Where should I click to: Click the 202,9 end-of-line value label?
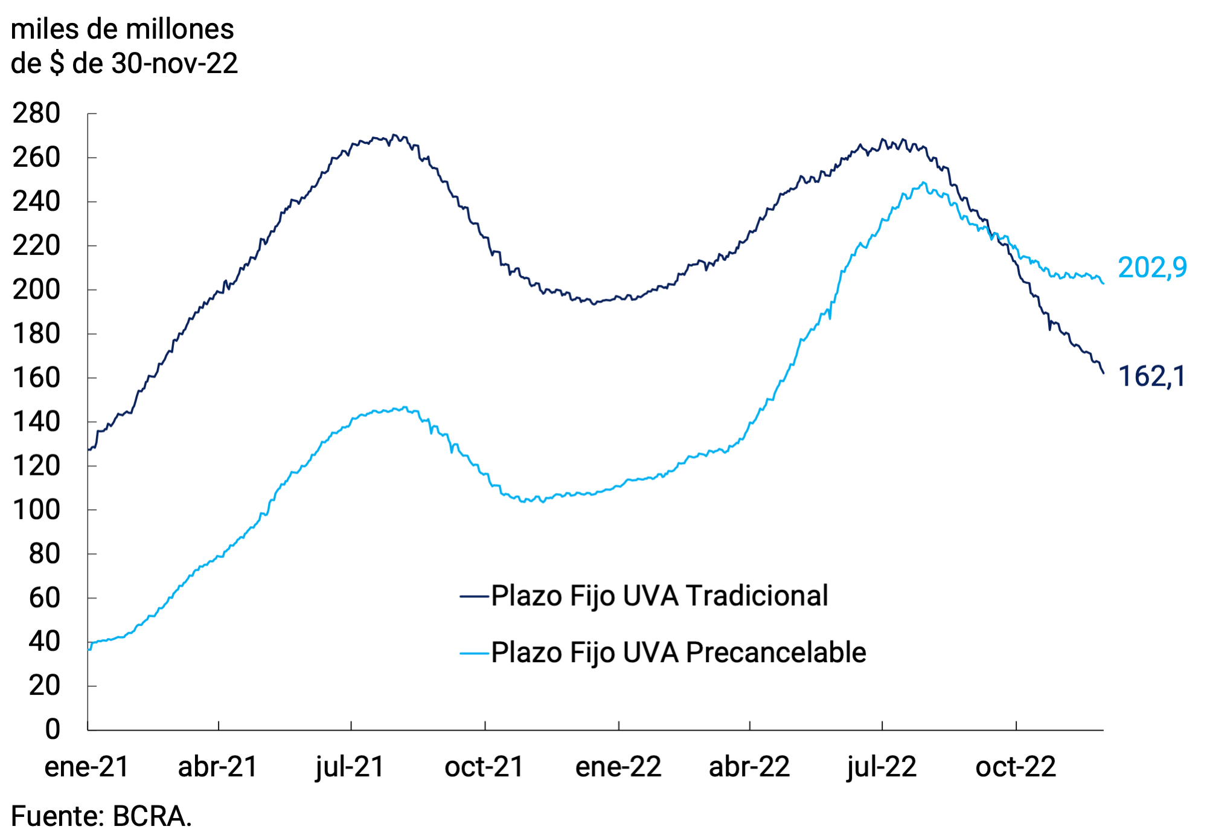[x=1151, y=268]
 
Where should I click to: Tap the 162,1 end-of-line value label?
[x=1151, y=376]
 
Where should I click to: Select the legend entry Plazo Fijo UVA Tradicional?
[x=659, y=596]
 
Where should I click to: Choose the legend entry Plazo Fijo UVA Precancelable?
[x=678, y=653]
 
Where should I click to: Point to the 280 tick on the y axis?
[x=36, y=114]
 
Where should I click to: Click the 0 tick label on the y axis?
[x=53, y=729]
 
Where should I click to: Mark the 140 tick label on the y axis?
[x=36, y=422]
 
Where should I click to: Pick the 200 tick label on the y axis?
[x=36, y=289]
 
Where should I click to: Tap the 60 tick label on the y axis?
[x=44, y=598]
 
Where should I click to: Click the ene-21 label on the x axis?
[x=87, y=767]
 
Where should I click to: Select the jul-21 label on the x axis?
[x=350, y=767]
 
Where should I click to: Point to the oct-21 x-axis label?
[x=484, y=767]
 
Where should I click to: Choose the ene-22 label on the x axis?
[x=618, y=767]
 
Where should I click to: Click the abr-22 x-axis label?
[x=749, y=767]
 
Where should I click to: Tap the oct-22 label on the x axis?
[x=1016, y=767]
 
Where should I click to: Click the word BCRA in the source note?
[x=152, y=816]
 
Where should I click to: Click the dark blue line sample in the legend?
[x=474, y=596]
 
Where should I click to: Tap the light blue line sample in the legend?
[x=474, y=653]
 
